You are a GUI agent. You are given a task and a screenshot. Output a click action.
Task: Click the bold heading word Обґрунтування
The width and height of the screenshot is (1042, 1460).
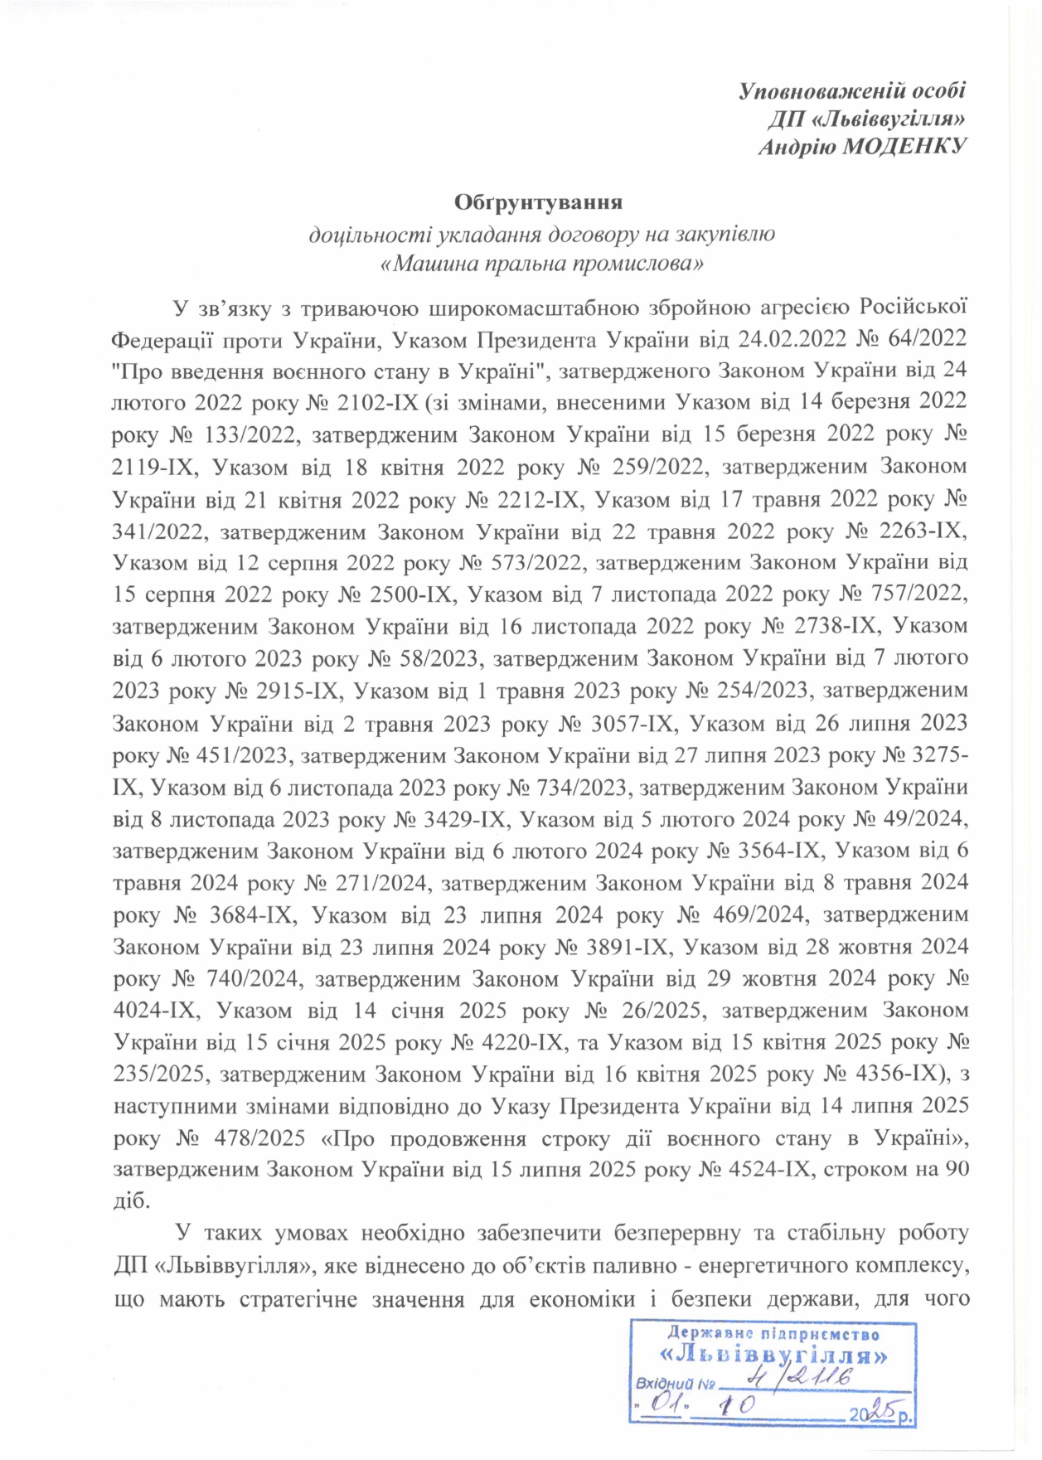(x=538, y=201)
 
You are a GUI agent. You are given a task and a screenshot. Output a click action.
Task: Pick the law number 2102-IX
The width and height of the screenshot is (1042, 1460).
(x=378, y=402)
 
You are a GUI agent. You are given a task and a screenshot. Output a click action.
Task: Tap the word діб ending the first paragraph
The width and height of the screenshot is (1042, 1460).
(x=130, y=1201)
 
